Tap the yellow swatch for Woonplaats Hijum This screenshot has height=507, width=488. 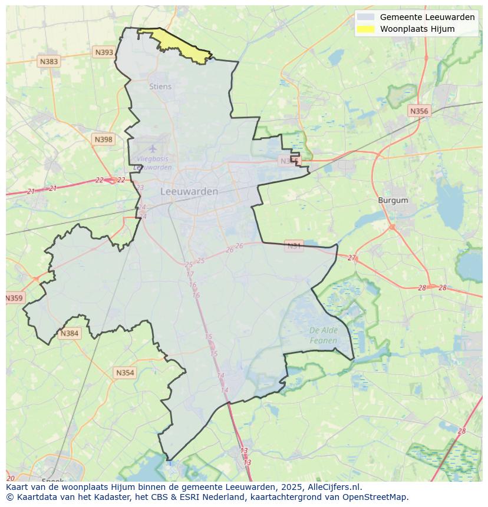pyautogui.click(x=365, y=29)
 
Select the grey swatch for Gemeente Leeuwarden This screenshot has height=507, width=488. pyautogui.click(x=365, y=17)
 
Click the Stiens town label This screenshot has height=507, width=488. pyautogui.click(x=160, y=87)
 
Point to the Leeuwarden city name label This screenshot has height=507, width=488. pyautogui.click(x=189, y=191)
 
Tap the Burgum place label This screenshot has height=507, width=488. pyautogui.click(x=393, y=200)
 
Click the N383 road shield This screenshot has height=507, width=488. pyautogui.click(x=49, y=61)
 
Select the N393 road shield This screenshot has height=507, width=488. pyautogui.click(x=104, y=52)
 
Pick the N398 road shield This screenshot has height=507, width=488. pyautogui.click(x=103, y=140)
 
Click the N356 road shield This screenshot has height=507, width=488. pyautogui.click(x=419, y=111)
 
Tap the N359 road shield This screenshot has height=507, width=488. pyautogui.click(x=14, y=298)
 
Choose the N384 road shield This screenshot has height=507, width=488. pyautogui.click(x=69, y=333)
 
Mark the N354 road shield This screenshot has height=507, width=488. pyautogui.click(x=124, y=373)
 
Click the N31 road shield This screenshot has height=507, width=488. pyautogui.click(x=294, y=246)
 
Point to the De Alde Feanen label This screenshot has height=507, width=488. pyautogui.click(x=324, y=335)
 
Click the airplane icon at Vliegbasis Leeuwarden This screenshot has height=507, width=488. pyautogui.click(x=153, y=148)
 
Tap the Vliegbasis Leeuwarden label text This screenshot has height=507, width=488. pyautogui.click(x=153, y=163)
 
